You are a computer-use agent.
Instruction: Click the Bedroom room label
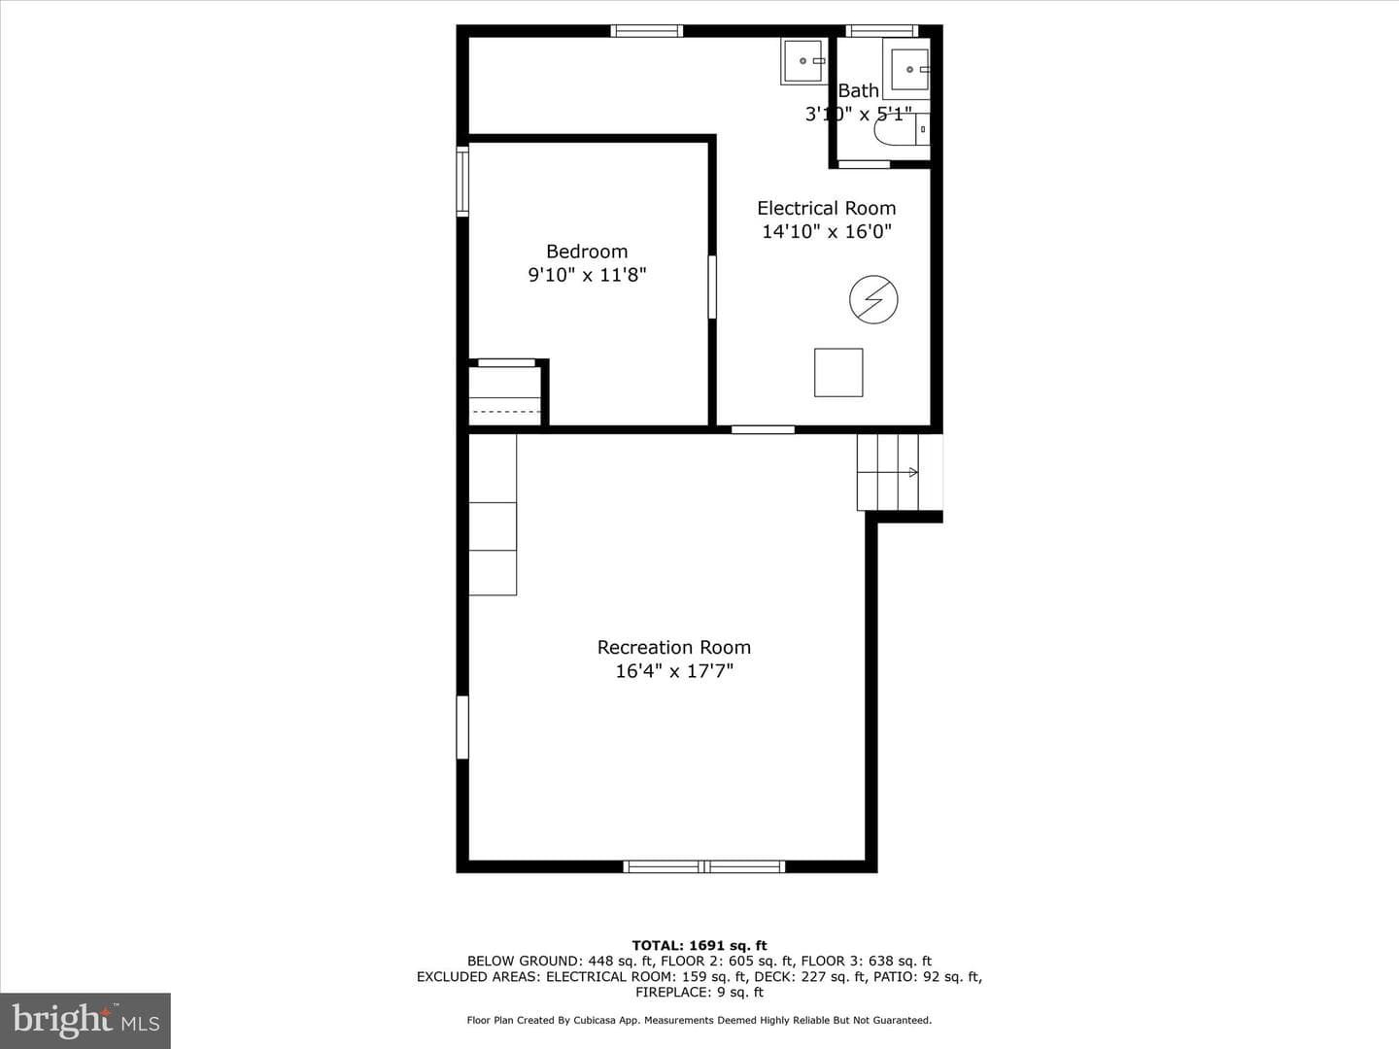point(587,252)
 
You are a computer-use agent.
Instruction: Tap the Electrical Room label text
point(826,208)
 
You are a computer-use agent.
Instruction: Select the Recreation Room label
point(673,648)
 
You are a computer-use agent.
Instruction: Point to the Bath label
point(859,91)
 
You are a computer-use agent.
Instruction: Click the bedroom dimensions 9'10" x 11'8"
point(587,275)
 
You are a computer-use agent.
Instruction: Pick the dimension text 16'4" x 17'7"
point(674,671)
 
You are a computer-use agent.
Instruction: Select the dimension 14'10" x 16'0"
point(827,231)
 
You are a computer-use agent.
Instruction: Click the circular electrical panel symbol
point(873,299)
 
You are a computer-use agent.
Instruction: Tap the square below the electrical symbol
point(838,373)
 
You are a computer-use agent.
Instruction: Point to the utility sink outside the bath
point(802,60)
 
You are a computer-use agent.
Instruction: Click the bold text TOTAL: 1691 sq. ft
point(699,946)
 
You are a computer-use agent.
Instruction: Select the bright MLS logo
point(85,1020)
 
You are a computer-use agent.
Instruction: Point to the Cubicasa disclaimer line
point(699,1020)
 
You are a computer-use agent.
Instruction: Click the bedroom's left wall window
point(462,182)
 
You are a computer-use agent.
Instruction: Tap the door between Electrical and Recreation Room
point(763,430)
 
